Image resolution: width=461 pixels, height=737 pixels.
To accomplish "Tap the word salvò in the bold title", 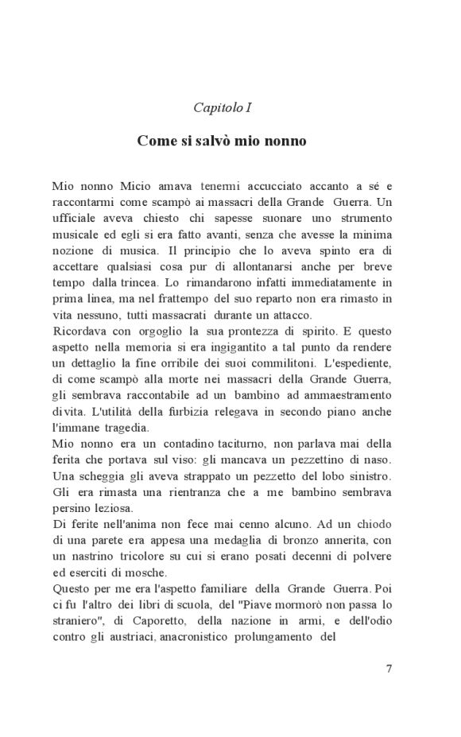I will [x=209, y=141].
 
